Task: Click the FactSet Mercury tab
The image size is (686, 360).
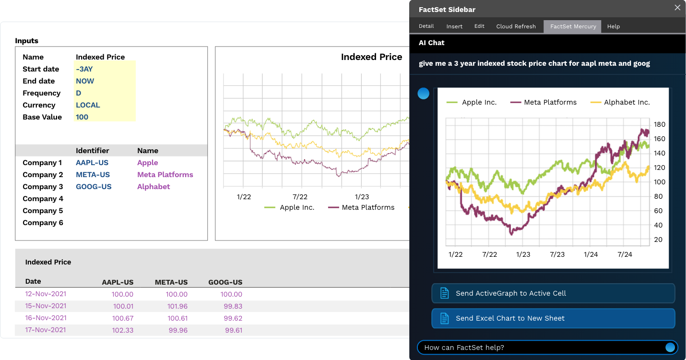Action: click(x=573, y=26)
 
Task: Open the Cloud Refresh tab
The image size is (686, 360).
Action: click(x=516, y=26)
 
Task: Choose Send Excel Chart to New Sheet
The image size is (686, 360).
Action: click(x=553, y=318)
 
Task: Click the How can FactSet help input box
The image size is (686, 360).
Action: click(x=542, y=348)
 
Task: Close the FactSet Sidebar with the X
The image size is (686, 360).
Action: click(x=677, y=8)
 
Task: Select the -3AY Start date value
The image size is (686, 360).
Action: click(x=84, y=69)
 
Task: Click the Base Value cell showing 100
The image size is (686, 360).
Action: click(x=82, y=117)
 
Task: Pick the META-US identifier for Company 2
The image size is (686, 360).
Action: click(x=93, y=175)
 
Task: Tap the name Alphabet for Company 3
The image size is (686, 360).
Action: click(x=154, y=187)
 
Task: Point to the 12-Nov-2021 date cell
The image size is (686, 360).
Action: click(x=46, y=294)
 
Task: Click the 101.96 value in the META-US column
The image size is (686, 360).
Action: click(x=177, y=306)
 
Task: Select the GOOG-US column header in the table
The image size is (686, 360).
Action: click(x=225, y=282)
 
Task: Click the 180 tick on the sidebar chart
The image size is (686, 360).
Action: click(x=660, y=124)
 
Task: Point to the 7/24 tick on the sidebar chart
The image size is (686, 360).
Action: click(x=625, y=254)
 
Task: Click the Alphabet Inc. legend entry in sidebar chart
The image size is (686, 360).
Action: click(x=627, y=102)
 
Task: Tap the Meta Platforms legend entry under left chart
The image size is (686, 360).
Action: click(x=368, y=207)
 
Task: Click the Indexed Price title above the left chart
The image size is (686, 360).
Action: click(x=371, y=57)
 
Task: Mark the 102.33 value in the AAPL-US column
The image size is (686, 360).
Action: click(x=123, y=330)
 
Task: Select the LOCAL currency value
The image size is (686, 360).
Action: click(x=88, y=105)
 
